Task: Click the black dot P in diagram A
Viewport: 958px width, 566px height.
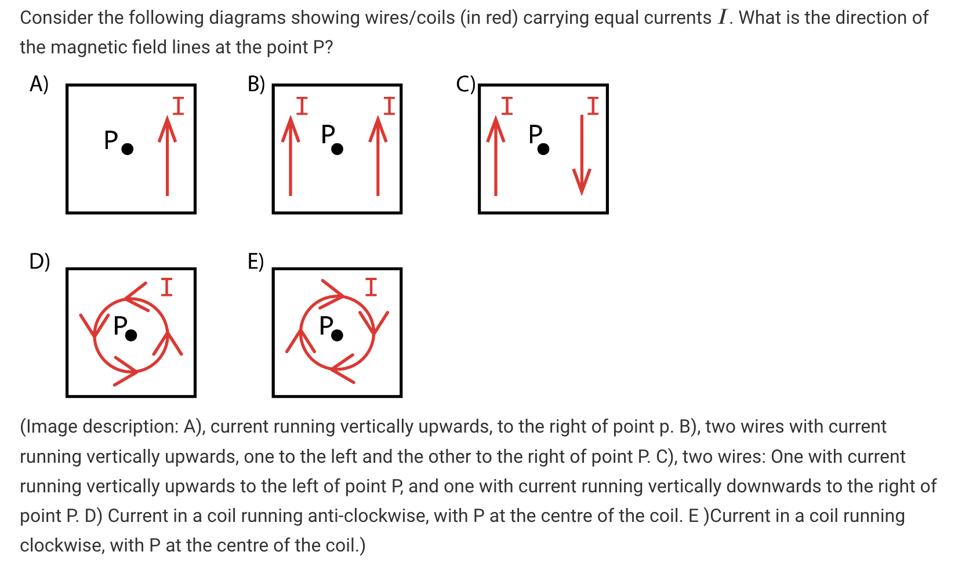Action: click(128, 149)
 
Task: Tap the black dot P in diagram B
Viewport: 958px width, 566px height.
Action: click(337, 149)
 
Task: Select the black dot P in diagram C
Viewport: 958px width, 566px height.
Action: click(543, 149)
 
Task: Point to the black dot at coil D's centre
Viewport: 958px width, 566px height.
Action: click(131, 335)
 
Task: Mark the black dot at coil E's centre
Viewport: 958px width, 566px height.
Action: click(337, 335)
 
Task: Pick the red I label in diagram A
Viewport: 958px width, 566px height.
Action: click(179, 106)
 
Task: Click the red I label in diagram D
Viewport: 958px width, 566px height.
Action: click(167, 287)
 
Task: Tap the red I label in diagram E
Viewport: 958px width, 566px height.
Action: click(371, 287)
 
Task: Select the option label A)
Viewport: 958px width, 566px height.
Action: click(39, 85)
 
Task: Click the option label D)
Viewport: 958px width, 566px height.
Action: click(39, 262)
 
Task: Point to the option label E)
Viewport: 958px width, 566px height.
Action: click(256, 262)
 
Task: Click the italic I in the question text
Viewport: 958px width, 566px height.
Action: click(722, 17)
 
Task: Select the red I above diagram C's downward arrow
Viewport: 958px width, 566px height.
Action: click(593, 106)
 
